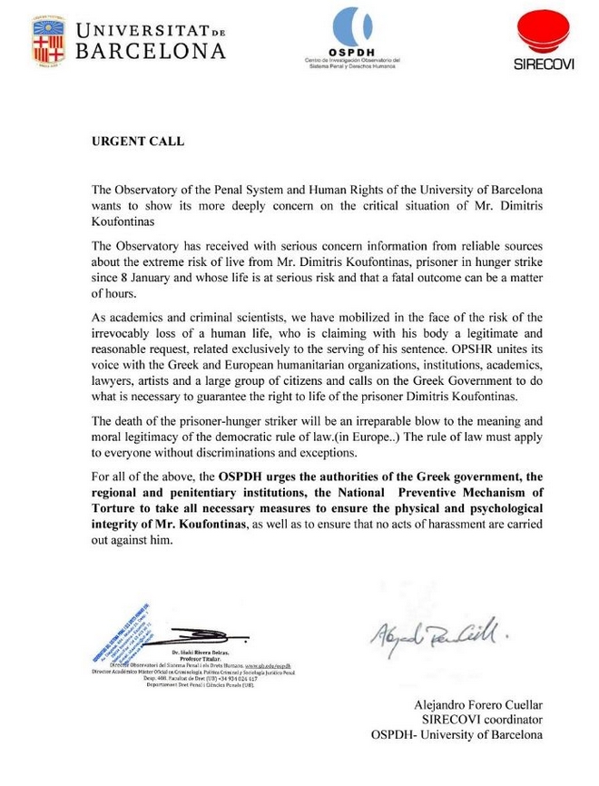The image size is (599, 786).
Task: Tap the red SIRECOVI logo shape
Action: [x=543, y=34]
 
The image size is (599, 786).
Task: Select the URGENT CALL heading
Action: [x=138, y=142]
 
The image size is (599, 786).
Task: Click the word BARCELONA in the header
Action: [x=152, y=52]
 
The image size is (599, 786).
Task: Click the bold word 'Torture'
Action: [x=115, y=511]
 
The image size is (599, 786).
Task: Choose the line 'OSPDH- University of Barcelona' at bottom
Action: [x=458, y=734]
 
